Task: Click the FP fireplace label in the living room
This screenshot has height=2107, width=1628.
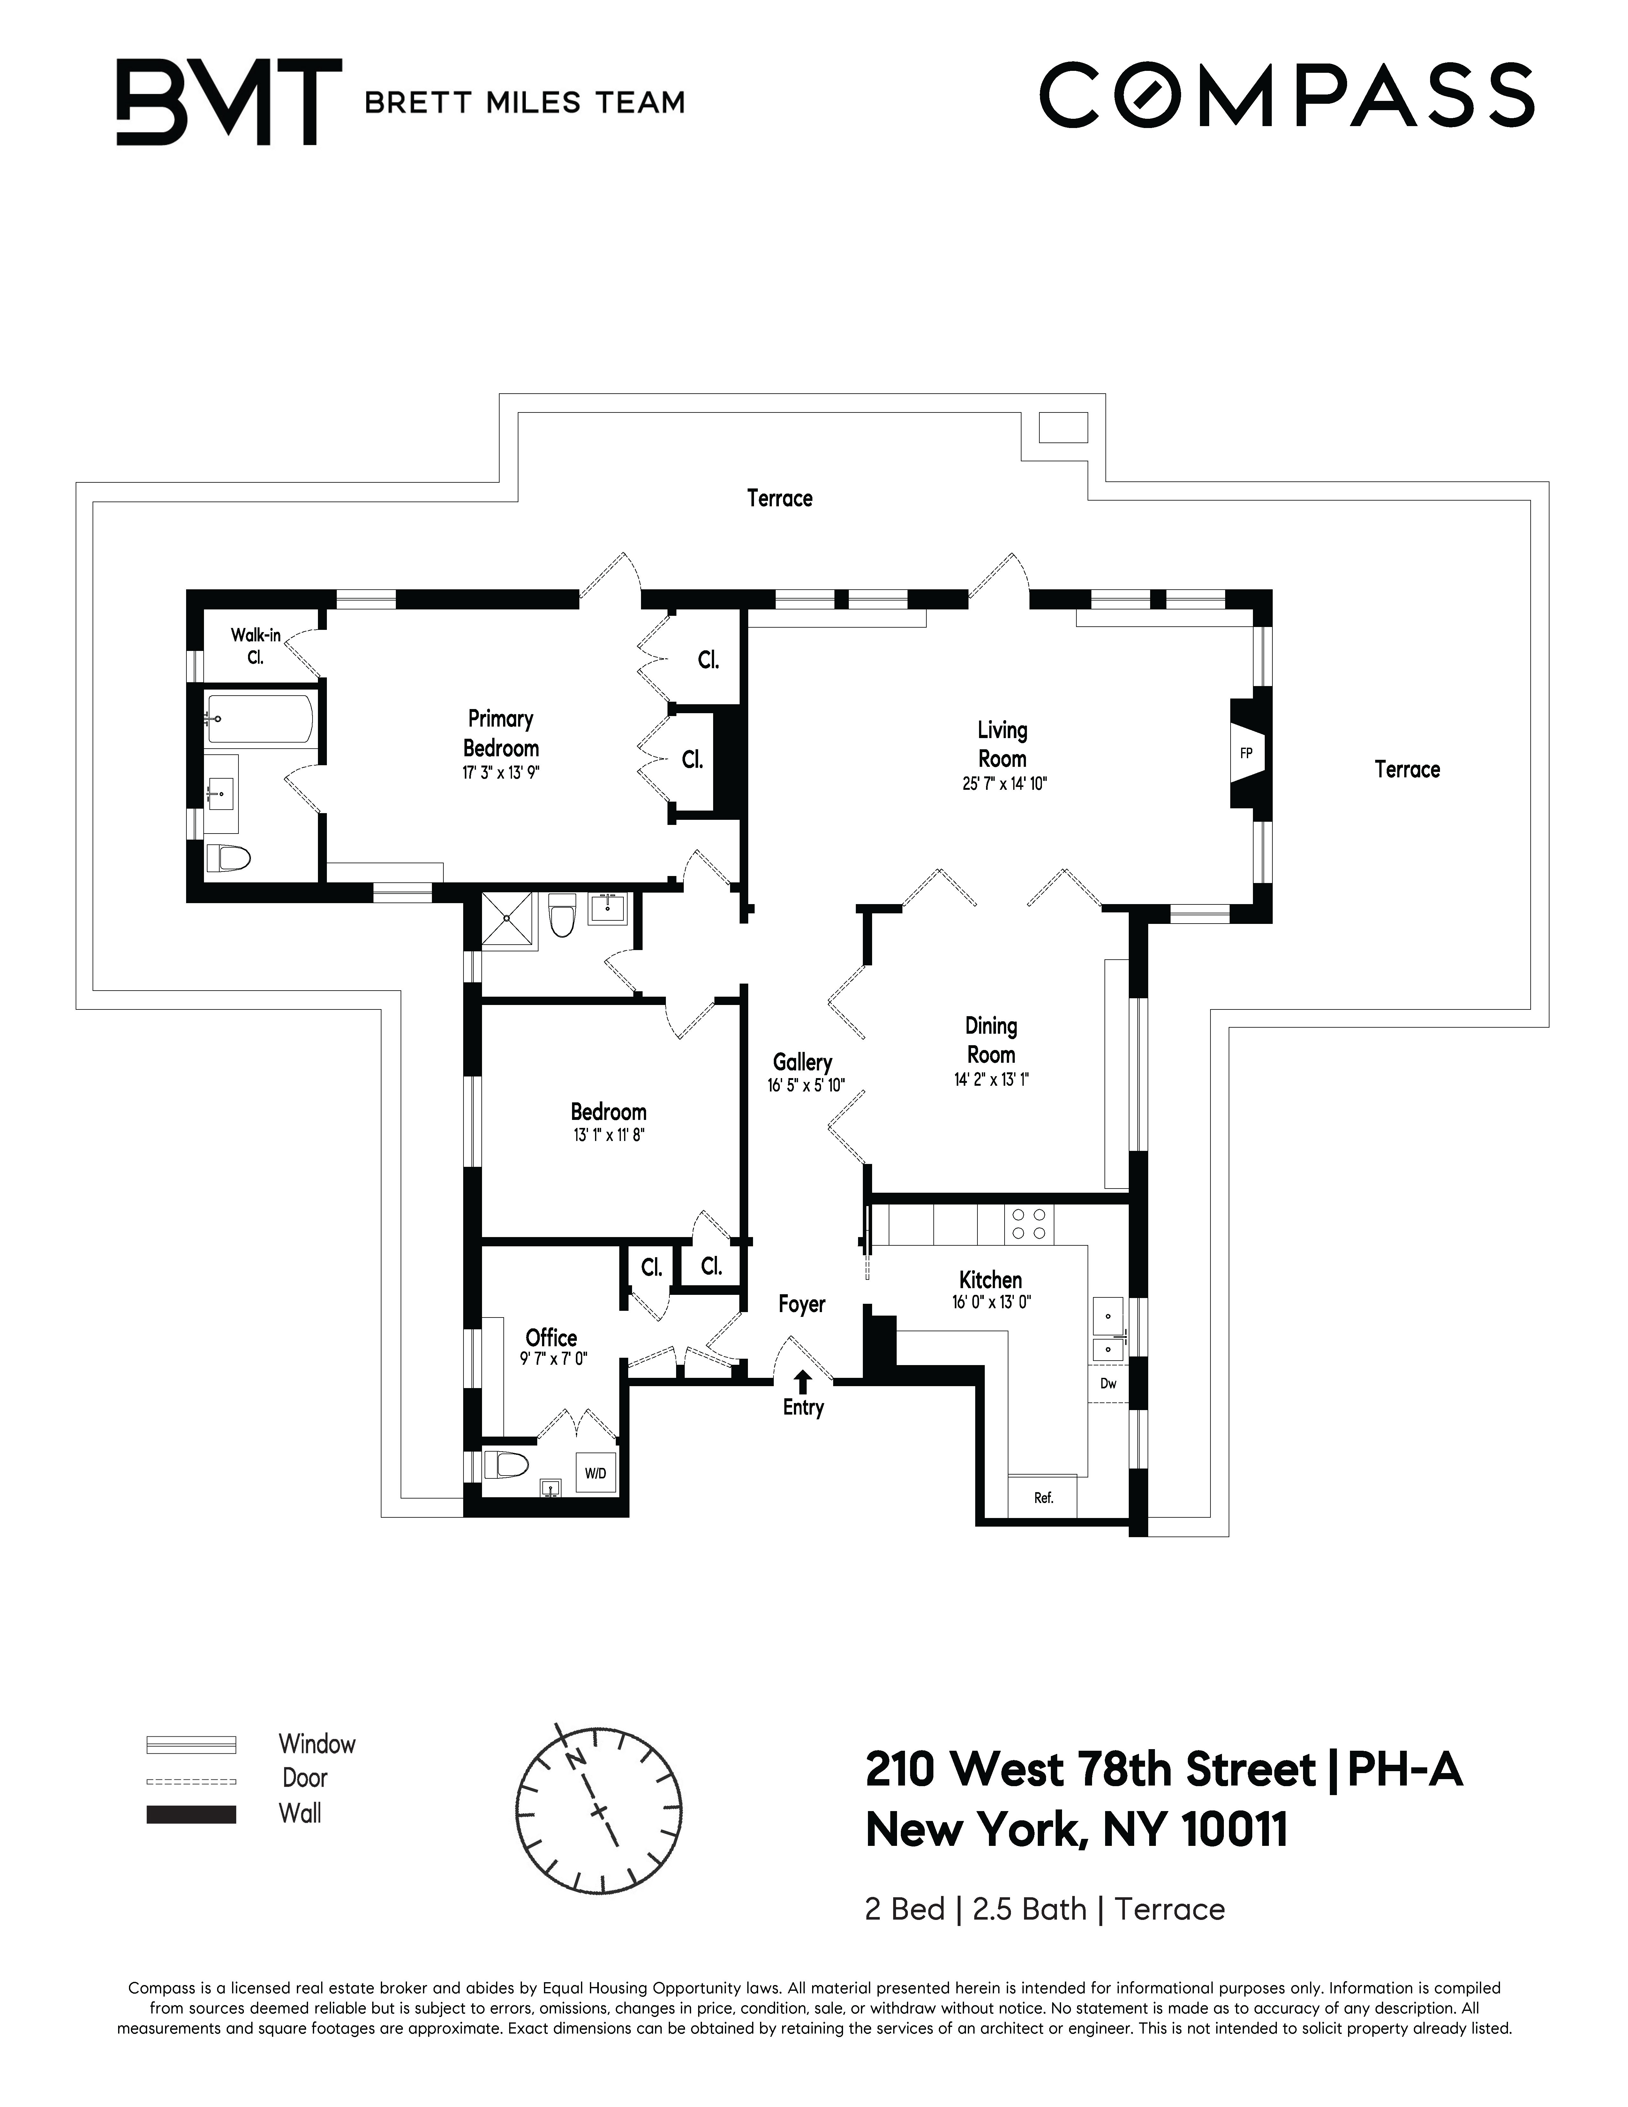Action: (x=1246, y=753)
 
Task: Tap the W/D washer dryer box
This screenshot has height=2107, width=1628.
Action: (x=595, y=1473)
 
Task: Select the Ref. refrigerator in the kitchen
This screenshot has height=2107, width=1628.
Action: (x=1043, y=1497)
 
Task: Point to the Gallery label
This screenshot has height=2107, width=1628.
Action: (x=803, y=1062)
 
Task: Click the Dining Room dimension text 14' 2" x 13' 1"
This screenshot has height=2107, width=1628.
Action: (x=991, y=1080)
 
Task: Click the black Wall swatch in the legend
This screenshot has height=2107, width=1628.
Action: (x=191, y=1814)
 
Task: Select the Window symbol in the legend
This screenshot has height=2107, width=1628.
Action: (x=191, y=1744)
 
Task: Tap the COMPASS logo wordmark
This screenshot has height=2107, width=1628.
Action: (x=1285, y=95)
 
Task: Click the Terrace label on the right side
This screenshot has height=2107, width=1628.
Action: (x=1406, y=769)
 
